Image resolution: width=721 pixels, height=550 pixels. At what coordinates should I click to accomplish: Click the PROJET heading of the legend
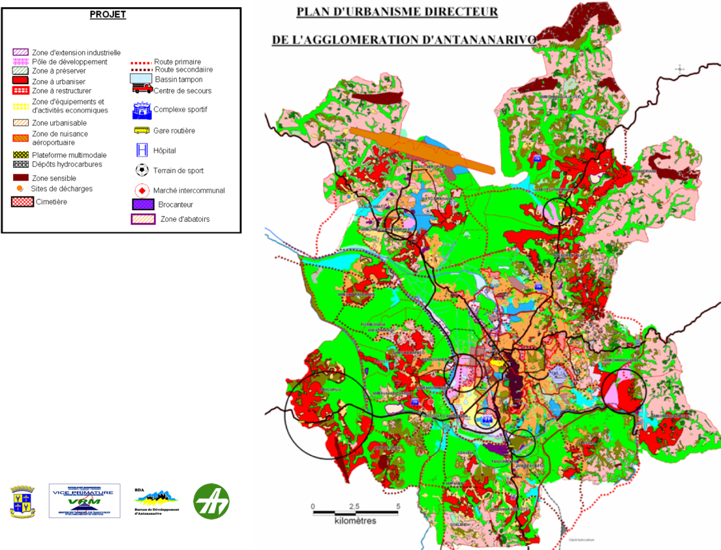coord(108,15)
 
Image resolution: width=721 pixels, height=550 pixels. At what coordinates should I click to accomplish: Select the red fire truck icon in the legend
coord(142,90)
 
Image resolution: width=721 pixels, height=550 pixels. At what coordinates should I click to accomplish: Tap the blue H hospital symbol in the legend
coord(142,150)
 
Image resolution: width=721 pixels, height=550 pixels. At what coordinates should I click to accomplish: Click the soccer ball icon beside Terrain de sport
coord(142,171)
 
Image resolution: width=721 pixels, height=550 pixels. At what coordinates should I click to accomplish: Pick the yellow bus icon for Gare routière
coord(142,130)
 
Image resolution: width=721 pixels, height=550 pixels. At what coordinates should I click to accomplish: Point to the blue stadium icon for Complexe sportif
coord(141,110)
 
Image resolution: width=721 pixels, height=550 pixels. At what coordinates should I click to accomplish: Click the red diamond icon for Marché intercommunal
coord(142,191)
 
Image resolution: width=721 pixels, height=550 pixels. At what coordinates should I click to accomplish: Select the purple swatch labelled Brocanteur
coord(142,204)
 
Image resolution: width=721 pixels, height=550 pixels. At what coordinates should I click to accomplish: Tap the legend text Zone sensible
coord(54,178)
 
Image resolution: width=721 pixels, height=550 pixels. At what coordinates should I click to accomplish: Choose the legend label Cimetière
coord(51,202)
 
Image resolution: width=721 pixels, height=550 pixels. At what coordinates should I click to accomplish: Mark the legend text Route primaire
coord(178,62)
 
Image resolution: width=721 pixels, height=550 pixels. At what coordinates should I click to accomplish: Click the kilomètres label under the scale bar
coord(355,521)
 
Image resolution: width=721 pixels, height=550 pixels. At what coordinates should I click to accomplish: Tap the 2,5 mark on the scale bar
coord(354,506)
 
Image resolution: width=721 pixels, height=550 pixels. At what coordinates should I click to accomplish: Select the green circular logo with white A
coord(211,501)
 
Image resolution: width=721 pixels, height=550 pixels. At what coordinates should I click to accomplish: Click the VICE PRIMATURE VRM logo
coord(85,501)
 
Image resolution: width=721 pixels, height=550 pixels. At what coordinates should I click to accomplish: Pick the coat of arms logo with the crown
coord(22,501)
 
